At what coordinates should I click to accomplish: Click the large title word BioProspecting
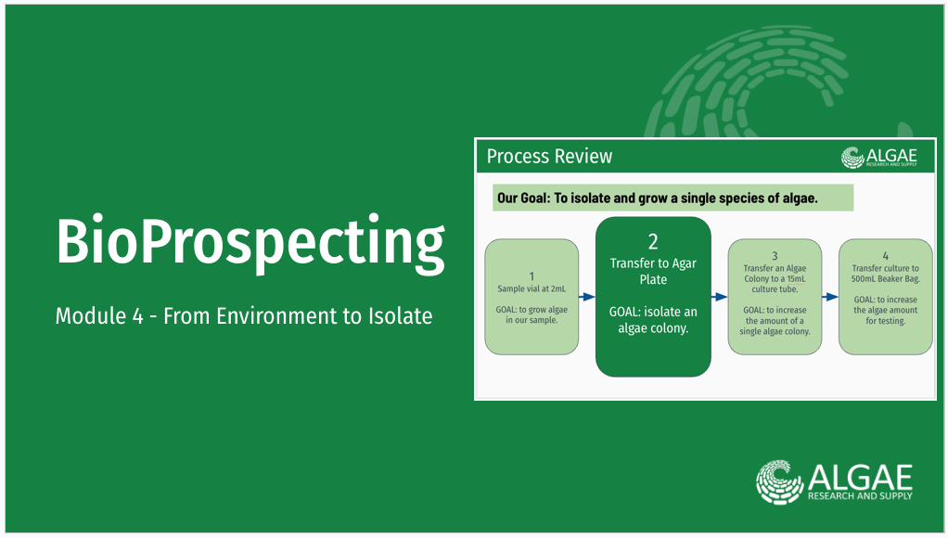pyautogui.click(x=250, y=243)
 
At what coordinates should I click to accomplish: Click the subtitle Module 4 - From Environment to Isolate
pyautogui.click(x=243, y=316)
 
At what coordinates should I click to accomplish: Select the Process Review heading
pyautogui.click(x=549, y=156)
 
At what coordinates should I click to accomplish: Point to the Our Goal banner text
pyautogui.click(x=657, y=199)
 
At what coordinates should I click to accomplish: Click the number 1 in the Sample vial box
pyautogui.click(x=532, y=276)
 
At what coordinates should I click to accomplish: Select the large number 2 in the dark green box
pyautogui.click(x=653, y=242)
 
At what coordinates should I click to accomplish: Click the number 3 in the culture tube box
pyautogui.click(x=775, y=256)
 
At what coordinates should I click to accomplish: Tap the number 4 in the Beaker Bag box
pyautogui.click(x=886, y=254)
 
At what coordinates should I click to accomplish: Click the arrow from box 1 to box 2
pyautogui.click(x=587, y=297)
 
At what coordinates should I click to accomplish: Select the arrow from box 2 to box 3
pyautogui.click(x=719, y=297)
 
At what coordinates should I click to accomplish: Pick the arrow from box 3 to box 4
pyautogui.click(x=830, y=297)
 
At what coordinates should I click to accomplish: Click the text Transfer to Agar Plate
pyautogui.click(x=653, y=272)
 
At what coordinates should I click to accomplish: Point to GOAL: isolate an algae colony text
pyautogui.click(x=653, y=320)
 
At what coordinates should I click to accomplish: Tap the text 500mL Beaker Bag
pyautogui.click(x=885, y=279)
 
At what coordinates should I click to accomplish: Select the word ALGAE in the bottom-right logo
pyautogui.click(x=860, y=477)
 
